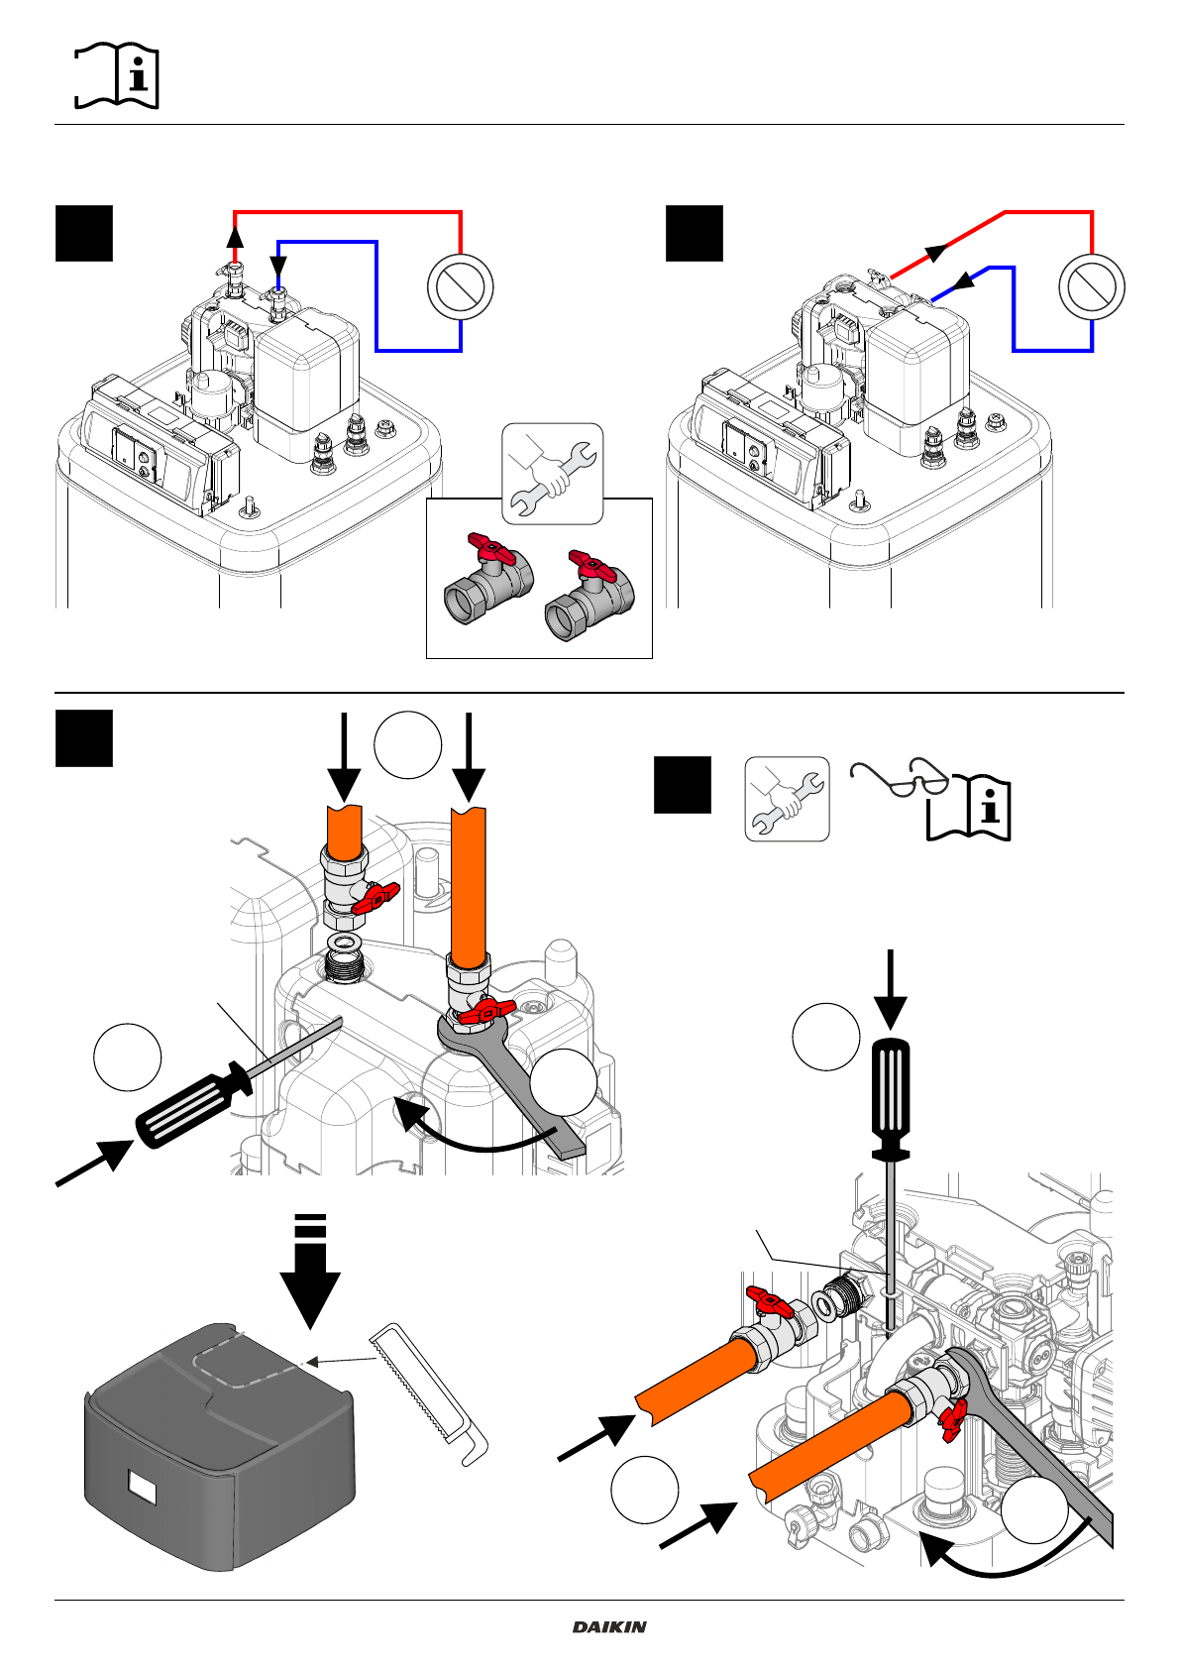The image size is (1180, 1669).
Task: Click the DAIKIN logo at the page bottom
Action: [x=609, y=1627]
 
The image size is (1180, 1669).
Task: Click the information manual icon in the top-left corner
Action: [x=117, y=75]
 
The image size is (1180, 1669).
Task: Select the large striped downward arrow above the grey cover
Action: [x=310, y=1274]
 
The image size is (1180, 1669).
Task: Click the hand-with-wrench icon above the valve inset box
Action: [x=552, y=473]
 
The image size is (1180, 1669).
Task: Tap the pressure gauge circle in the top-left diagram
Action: [x=461, y=286]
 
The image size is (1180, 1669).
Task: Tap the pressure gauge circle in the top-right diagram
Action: [x=1092, y=286]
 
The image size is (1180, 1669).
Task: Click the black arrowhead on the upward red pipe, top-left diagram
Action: [x=235, y=236]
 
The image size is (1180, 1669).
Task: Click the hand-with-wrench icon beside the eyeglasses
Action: [x=787, y=799]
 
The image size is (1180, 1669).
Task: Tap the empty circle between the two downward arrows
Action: [x=408, y=743]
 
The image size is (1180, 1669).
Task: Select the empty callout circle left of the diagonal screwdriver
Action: [x=128, y=1057]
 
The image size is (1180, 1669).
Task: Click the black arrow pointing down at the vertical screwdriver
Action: [x=891, y=991]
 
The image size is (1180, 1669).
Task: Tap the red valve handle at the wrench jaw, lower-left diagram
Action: [x=485, y=1011]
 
